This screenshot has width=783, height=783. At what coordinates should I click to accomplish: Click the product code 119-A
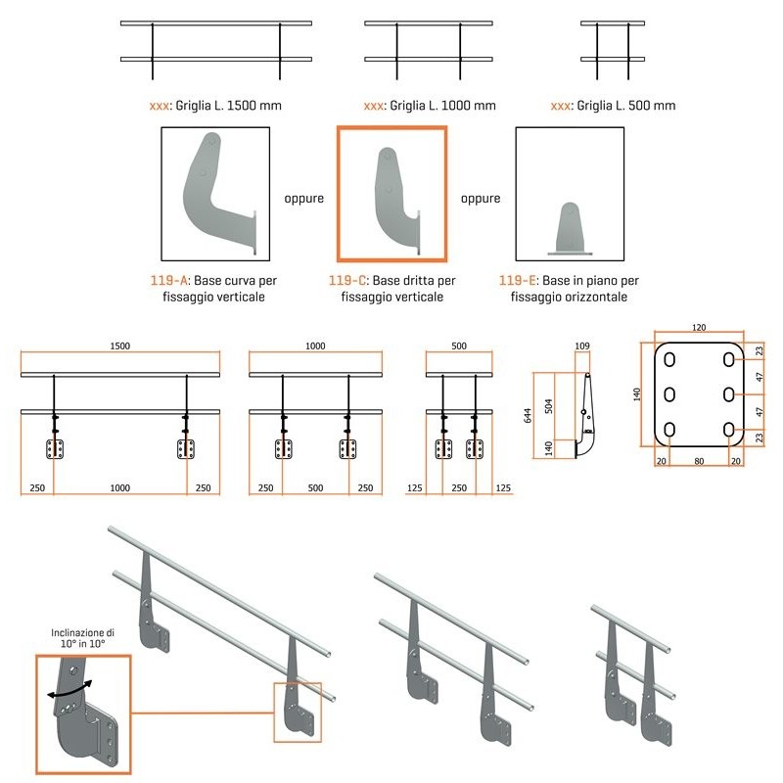click(168, 281)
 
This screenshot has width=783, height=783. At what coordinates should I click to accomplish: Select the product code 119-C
click(347, 281)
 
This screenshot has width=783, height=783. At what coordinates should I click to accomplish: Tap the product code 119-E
click(518, 281)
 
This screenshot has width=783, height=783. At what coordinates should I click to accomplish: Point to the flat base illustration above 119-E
click(570, 229)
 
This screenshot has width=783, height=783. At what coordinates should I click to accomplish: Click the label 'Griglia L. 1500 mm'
click(228, 106)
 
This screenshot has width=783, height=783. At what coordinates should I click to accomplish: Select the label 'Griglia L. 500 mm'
click(625, 106)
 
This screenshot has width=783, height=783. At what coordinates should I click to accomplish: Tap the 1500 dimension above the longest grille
click(119, 346)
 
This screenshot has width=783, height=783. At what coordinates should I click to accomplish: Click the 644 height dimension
click(528, 415)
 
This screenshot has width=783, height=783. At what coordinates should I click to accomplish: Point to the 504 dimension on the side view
click(548, 406)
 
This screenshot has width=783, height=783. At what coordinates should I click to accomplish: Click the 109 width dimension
click(582, 345)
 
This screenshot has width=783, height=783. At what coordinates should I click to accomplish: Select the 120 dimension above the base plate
click(699, 328)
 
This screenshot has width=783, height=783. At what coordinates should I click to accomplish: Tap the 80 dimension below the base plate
click(699, 461)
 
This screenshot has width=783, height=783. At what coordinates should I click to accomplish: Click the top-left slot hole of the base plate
click(669, 359)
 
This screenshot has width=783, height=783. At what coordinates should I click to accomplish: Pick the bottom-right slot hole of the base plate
click(728, 430)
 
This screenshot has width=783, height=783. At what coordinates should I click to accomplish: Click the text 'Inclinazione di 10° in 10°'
click(83, 638)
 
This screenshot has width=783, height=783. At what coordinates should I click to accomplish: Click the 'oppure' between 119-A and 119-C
click(304, 199)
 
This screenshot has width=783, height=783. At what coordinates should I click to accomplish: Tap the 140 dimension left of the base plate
click(637, 394)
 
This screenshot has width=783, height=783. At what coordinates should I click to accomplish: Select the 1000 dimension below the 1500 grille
click(119, 487)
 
